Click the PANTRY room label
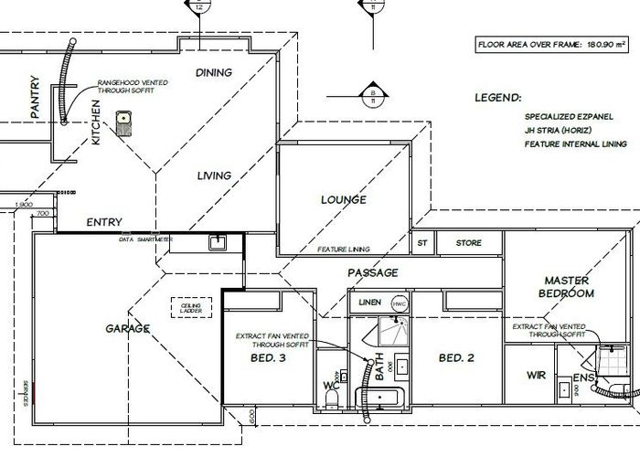[x=35, y=97]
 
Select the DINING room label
[x=214, y=72]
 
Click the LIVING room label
[x=214, y=175]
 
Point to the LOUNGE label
[x=343, y=199]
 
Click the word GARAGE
[x=126, y=328]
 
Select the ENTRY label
[x=104, y=221]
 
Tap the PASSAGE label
[x=372, y=272]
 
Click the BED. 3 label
[x=268, y=358]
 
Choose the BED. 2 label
[x=455, y=358]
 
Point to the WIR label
[x=537, y=376]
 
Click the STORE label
[x=469, y=243]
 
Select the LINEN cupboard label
[x=369, y=301]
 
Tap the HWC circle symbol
[x=399, y=303]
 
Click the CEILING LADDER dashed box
[x=191, y=307]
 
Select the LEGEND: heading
[x=498, y=97]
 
